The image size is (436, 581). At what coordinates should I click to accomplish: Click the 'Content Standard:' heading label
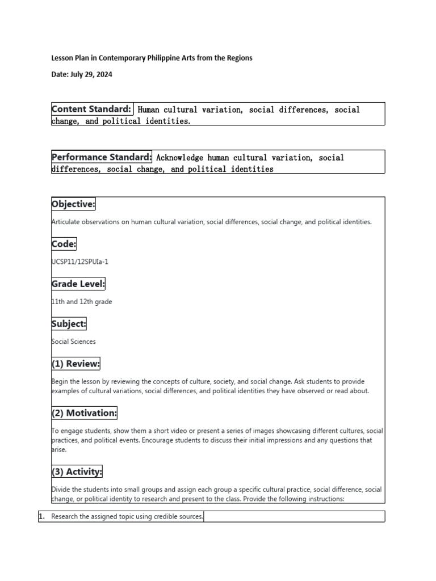[x=92, y=109]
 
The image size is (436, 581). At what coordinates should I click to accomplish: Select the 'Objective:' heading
[x=73, y=204]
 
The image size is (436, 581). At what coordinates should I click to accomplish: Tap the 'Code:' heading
[x=64, y=244]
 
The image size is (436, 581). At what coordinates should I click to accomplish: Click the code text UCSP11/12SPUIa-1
[x=79, y=262]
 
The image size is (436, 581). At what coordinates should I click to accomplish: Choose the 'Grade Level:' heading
[x=78, y=284]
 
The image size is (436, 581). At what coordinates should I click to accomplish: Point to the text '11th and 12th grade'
[x=82, y=302]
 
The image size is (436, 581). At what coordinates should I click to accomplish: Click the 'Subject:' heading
[x=69, y=324]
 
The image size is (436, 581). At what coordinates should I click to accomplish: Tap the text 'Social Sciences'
[x=74, y=342]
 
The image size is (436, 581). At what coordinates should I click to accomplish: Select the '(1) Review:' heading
[x=76, y=364]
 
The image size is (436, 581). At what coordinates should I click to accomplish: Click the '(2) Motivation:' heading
[x=84, y=413]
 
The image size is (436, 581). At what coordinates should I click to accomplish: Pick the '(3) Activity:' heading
[x=77, y=471]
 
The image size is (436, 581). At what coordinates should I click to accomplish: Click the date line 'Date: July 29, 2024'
[x=86, y=74]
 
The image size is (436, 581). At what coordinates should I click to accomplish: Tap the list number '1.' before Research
[x=41, y=516]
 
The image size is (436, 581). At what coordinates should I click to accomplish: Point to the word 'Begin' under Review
[x=60, y=381]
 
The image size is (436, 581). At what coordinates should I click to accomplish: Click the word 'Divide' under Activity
[x=61, y=489]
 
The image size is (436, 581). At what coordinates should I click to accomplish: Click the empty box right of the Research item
[x=294, y=516]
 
